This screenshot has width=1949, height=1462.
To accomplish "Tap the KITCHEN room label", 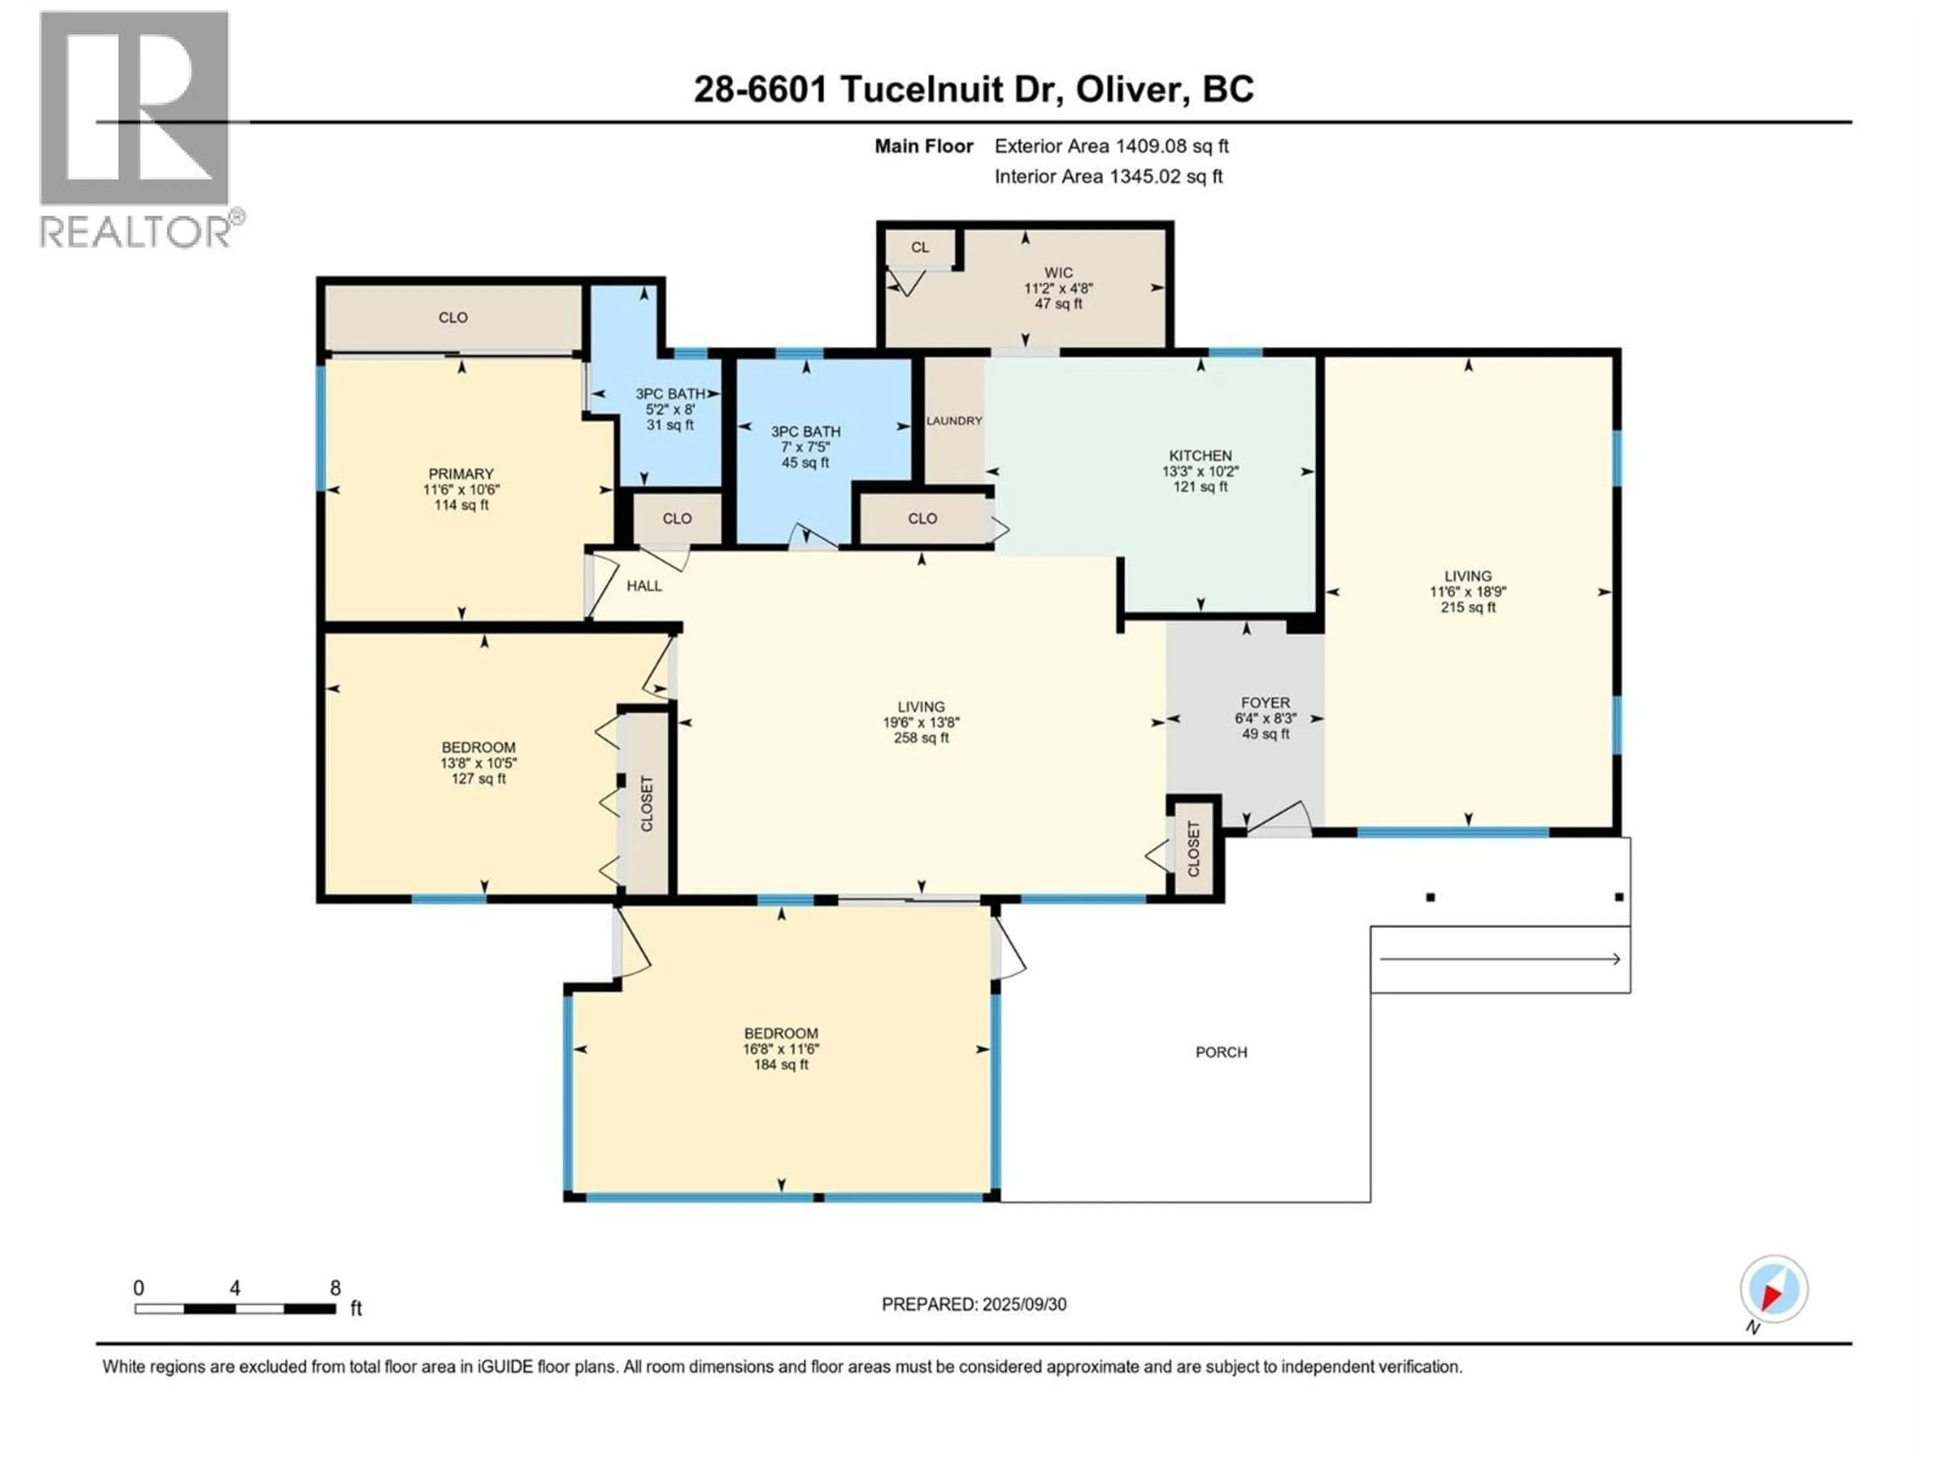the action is [1200, 456].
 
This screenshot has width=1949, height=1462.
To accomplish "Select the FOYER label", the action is [1265, 703].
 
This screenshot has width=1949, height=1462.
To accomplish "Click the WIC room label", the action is [1058, 273].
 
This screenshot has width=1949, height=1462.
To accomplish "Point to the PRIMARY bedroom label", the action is [461, 474].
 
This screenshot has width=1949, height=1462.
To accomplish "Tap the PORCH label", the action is [1221, 1052].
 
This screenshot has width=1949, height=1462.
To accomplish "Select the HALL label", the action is [644, 586].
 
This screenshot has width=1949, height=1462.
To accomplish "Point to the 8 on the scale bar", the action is [335, 1288].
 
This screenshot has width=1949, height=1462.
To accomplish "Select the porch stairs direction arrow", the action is [1500, 959].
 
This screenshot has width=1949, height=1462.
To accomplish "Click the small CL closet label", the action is [920, 248].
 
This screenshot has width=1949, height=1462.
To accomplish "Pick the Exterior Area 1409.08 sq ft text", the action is [1112, 146].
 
